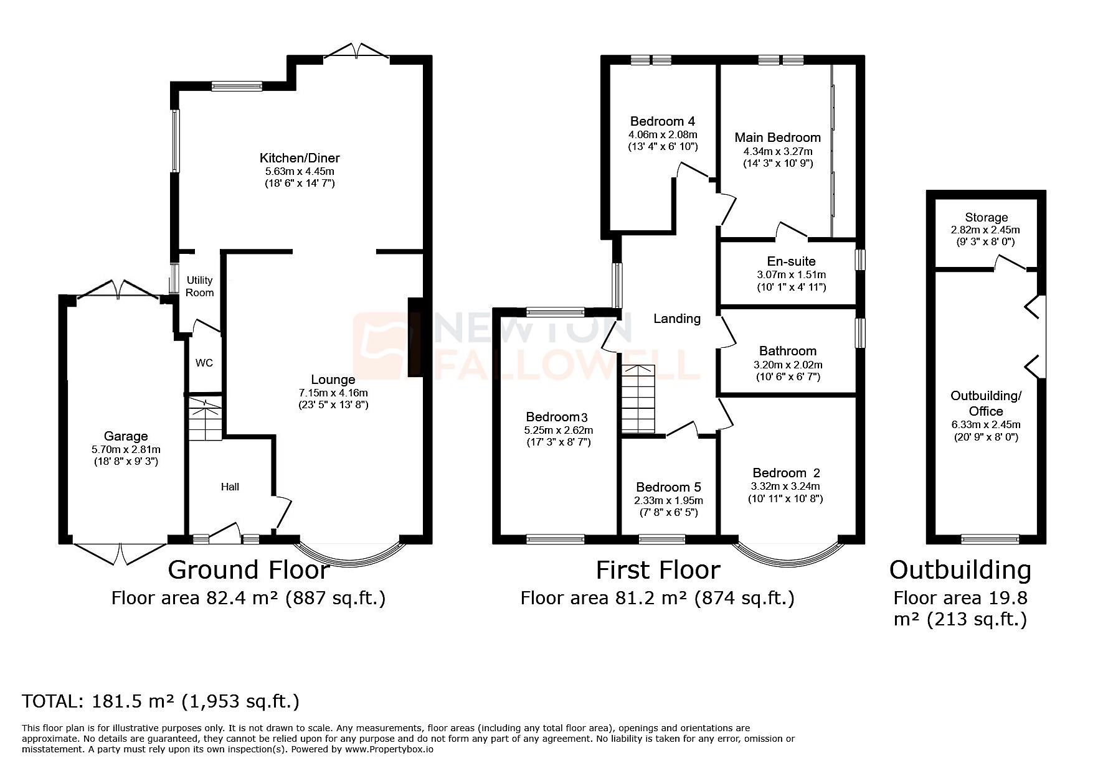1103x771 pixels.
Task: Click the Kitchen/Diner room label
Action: [x=300, y=158]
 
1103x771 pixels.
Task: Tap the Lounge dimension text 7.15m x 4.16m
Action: [x=333, y=393]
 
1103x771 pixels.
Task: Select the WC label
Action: [x=204, y=363]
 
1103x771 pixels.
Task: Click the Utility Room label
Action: [x=200, y=286]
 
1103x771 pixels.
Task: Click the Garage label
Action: [x=126, y=436]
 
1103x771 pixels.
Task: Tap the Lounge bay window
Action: [x=349, y=551]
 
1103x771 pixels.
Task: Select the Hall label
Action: [x=230, y=487]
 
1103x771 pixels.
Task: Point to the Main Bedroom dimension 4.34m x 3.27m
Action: [x=778, y=151]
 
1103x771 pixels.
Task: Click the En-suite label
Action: [x=791, y=261]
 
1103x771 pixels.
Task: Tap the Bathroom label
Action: [x=788, y=351]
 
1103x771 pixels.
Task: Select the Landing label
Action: [x=677, y=319]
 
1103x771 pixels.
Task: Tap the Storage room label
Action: [x=986, y=217]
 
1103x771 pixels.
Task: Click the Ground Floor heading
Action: [x=248, y=570]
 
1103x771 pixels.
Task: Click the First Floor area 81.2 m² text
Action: [x=657, y=599]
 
